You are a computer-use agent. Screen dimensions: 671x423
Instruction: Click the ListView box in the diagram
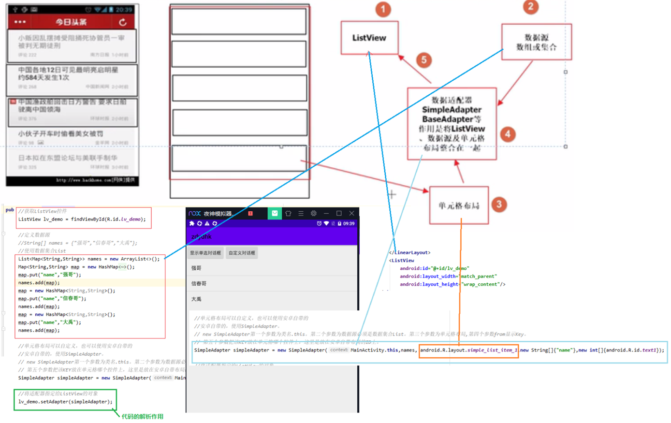click(x=369, y=38)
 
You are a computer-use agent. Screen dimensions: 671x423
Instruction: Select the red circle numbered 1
click(x=383, y=9)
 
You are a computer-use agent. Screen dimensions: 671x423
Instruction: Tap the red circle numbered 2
click(x=531, y=7)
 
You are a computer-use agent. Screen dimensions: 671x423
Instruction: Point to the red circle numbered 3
click(x=499, y=204)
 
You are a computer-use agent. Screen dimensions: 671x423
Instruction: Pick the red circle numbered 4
click(x=508, y=134)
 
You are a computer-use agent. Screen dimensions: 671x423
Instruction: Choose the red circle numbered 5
click(x=424, y=60)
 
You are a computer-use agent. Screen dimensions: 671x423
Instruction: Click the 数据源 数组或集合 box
click(x=536, y=42)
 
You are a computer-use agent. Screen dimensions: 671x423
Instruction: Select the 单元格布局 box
click(x=459, y=205)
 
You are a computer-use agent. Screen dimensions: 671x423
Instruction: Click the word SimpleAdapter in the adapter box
click(x=452, y=110)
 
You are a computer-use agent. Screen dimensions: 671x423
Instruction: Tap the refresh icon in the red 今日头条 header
click(x=123, y=22)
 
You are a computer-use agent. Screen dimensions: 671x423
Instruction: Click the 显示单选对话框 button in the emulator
click(x=205, y=253)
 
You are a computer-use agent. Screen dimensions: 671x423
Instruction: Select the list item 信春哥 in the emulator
click(x=199, y=283)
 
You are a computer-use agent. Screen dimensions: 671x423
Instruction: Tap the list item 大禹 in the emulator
click(x=196, y=299)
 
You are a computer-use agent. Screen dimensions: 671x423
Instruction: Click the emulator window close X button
click(x=351, y=213)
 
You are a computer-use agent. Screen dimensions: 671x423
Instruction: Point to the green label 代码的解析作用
click(x=142, y=416)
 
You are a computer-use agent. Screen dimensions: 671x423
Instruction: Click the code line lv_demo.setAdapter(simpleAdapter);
click(x=65, y=402)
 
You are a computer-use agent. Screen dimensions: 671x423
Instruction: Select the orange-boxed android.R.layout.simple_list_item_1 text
click(x=468, y=350)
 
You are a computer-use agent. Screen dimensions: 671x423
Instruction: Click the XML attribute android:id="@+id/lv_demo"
click(x=434, y=268)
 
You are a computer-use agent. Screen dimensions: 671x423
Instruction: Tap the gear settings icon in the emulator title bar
click(x=313, y=213)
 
